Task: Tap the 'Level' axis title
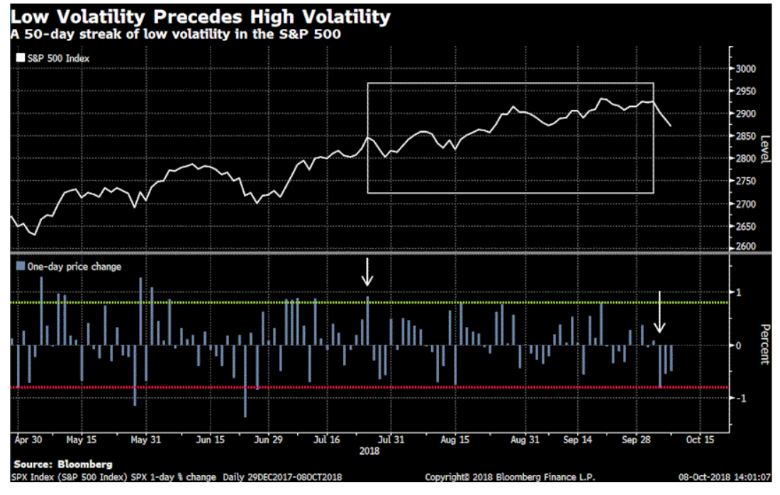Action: pos(764,149)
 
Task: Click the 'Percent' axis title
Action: pos(764,344)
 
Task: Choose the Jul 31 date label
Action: pos(389,439)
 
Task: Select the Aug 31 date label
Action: pos(525,439)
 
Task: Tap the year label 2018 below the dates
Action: pos(369,450)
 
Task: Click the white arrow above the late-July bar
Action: pos(367,272)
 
